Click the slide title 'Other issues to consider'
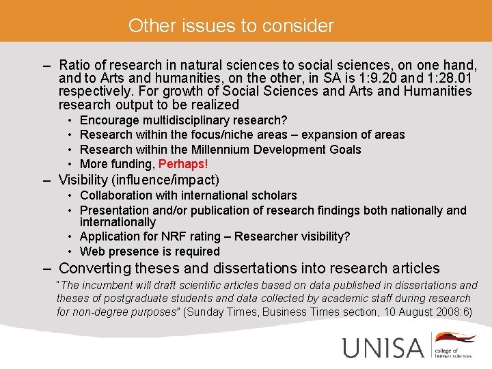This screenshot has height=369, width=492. pyautogui.click(x=231, y=26)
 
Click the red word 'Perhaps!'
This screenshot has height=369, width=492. pyautogui.click(x=183, y=164)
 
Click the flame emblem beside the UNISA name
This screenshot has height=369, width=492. pyautogui.click(x=456, y=338)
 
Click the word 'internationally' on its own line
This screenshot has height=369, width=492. pyautogui.click(x=118, y=222)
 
